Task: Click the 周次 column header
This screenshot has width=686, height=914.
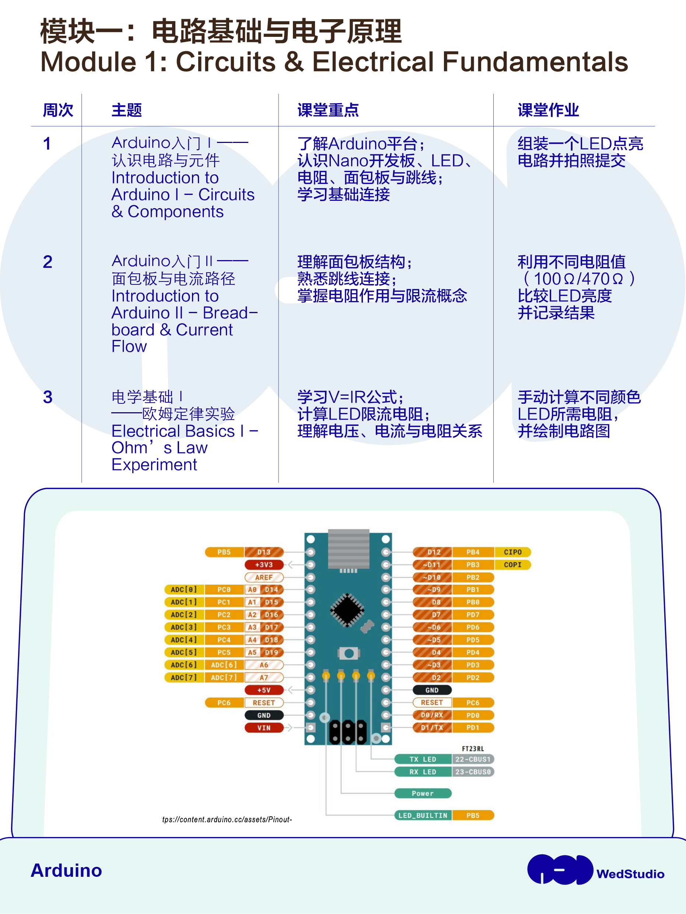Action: (x=58, y=110)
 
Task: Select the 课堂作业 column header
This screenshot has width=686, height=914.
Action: (x=548, y=110)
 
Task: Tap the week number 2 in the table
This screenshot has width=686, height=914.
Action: (x=48, y=262)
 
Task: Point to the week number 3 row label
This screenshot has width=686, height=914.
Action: (x=48, y=397)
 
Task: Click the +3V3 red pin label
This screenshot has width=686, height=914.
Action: (x=264, y=564)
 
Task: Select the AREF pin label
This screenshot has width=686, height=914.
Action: (x=264, y=577)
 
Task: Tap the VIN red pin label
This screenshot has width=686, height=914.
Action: (x=264, y=728)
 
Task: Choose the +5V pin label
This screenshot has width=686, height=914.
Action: (x=264, y=690)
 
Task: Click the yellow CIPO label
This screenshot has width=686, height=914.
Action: (x=512, y=552)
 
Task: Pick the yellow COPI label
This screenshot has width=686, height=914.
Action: (x=512, y=564)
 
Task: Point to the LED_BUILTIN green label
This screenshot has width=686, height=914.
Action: (x=423, y=815)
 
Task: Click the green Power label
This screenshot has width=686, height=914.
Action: (x=423, y=793)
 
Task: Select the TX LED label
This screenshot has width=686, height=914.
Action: (x=423, y=759)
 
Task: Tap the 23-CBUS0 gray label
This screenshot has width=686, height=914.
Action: (x=473, y=771)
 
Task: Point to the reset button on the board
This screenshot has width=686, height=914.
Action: (x=349, y=653)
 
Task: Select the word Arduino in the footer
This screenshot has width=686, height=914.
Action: (x=66, y=870)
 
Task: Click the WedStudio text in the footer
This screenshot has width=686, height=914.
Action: (x=630, y=874)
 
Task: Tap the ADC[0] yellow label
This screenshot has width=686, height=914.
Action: (x=184, y=590)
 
